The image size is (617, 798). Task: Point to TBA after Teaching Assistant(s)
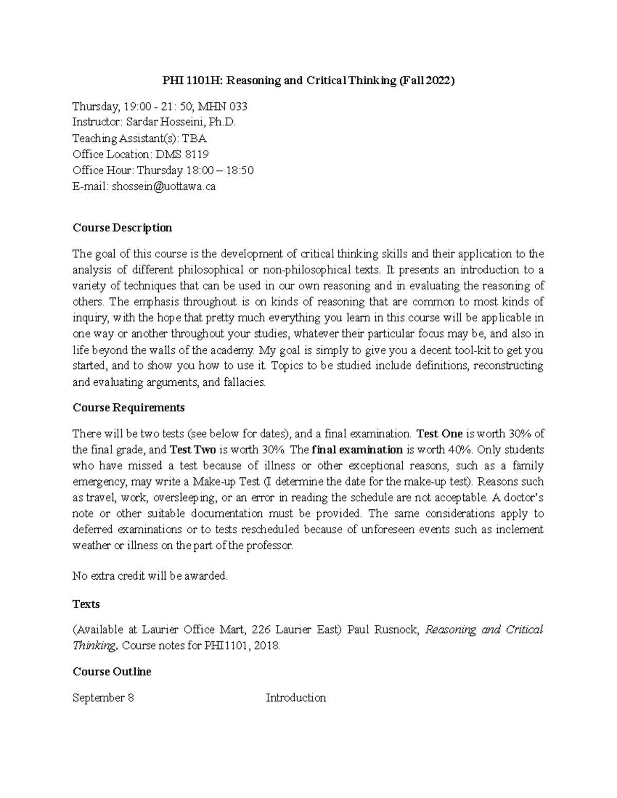199,139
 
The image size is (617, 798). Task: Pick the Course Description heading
122,228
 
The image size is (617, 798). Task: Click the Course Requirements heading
129,408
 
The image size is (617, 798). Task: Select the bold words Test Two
193,450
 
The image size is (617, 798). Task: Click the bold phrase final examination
357,450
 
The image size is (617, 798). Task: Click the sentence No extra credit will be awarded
150,576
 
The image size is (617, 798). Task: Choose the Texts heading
86,604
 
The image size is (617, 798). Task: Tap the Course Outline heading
112,672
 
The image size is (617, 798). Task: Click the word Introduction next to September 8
296,698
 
